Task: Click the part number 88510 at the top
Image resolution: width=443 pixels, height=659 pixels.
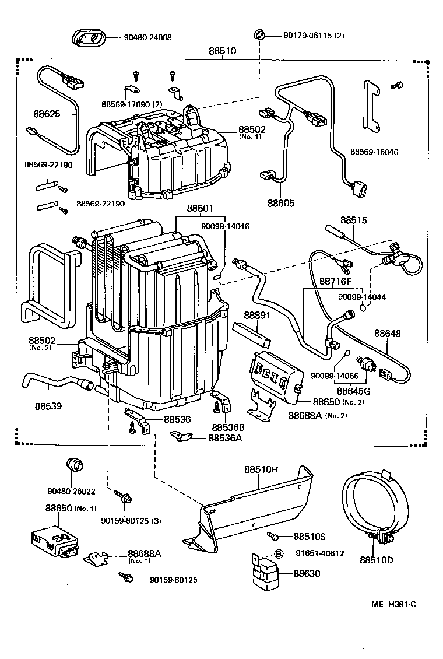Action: pyautogui.click(x=223, y=51)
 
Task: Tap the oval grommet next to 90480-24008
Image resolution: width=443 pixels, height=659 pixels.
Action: pyautogui.click(x=89, y=38)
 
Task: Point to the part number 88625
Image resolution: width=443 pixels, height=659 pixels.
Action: pyautogui.click(x=47, y=114)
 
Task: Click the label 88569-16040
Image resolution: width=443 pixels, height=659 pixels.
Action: pyautogui.click(x=374, y=152)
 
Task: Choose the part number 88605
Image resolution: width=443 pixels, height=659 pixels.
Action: pyautogui.click(x=281, y=203)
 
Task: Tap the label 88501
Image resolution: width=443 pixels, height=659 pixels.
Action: pyautogui.click(x=200, y=208)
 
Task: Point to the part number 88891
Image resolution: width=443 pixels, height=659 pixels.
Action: pyautogui.click(x=258, y=315)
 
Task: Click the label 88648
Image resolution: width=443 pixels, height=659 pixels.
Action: pyautogui.click(x=388, y=334)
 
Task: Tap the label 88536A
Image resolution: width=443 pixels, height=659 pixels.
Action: pyautogui.click(x=225, y=437)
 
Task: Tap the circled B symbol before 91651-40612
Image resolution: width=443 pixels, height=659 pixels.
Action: pyautogui.click(x=279, y=553)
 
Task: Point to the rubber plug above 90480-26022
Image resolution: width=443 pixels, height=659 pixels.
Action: pyautogui.click(x=74, y=465)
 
